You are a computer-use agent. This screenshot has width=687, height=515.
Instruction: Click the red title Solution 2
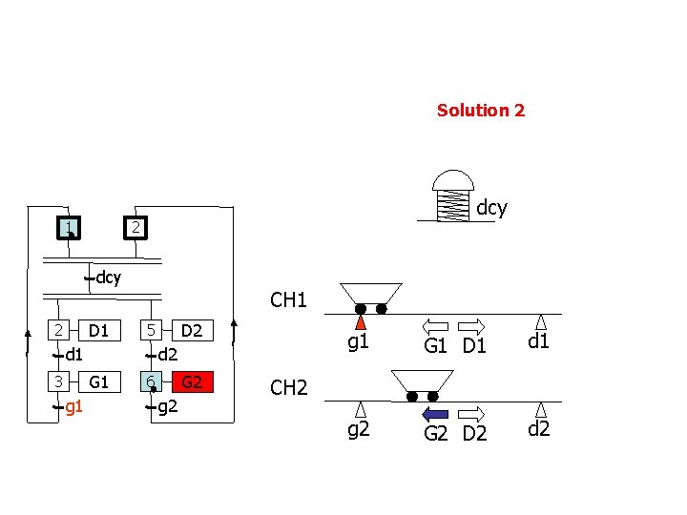point(480,111)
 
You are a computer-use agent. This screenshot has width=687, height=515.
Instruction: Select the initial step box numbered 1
point(68,228)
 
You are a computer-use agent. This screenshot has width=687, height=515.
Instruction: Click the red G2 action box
point(192,382)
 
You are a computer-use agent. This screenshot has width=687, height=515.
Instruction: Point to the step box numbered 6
point(150,382)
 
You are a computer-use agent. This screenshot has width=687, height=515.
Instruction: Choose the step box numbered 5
point(150,331)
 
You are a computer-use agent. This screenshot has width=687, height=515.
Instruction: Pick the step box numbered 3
point(59,382)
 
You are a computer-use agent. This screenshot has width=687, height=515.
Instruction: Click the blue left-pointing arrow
point(435,413)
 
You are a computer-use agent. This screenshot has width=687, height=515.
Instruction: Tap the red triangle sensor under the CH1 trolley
point(361,321)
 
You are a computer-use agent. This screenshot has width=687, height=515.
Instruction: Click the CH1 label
point(288,300)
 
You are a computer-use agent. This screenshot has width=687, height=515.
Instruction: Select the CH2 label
point(288,388)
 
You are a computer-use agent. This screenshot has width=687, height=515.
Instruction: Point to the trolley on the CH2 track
point(422,384)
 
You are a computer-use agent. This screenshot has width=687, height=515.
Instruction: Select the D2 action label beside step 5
point(192,331)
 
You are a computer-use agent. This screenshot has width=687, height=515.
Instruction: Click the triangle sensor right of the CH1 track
point(541,320)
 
